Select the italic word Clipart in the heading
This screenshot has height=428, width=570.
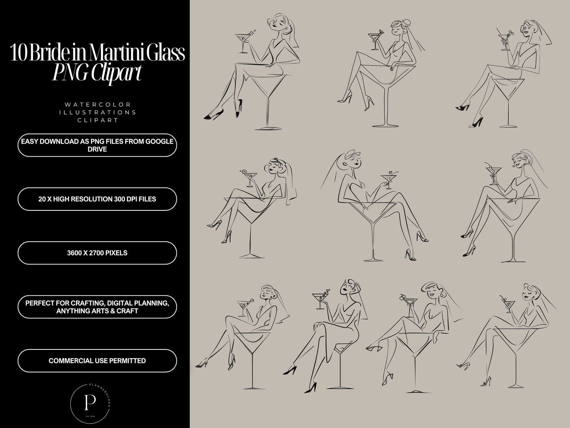pos(115,73)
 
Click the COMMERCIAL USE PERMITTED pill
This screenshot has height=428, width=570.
pos(97,360)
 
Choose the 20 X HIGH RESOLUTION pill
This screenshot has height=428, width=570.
pos(97,199)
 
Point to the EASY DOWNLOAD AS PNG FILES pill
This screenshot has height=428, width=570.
pos(97,145)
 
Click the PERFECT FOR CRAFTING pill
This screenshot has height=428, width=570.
pos(97,307)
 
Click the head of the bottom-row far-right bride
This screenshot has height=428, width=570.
pos(528,293)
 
